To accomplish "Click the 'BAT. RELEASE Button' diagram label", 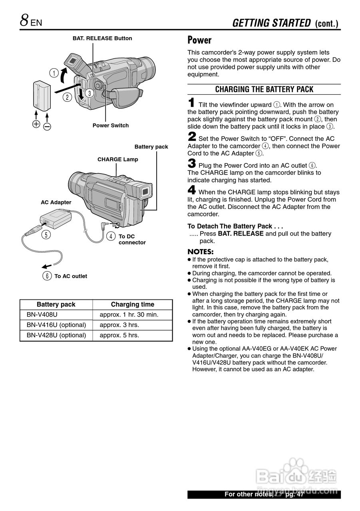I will coord(102,38).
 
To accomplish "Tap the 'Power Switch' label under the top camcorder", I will coord(111,125).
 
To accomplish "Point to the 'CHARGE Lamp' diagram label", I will coord(118,159).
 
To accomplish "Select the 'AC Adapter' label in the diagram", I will coord(56,202).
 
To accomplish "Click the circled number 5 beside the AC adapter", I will coord(47,235).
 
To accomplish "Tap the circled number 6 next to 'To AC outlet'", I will coord(48,276).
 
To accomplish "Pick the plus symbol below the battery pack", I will coord(36,124).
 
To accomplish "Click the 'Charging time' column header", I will coord(132,304).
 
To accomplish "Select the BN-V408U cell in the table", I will coord(42,315).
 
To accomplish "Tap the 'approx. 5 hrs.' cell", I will coord(119,335).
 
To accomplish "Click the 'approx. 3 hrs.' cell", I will coord(119,325).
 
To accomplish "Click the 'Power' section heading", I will coord(199,40).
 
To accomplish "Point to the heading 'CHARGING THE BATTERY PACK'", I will coord(264,89).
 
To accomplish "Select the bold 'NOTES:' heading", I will coord(201,252).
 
